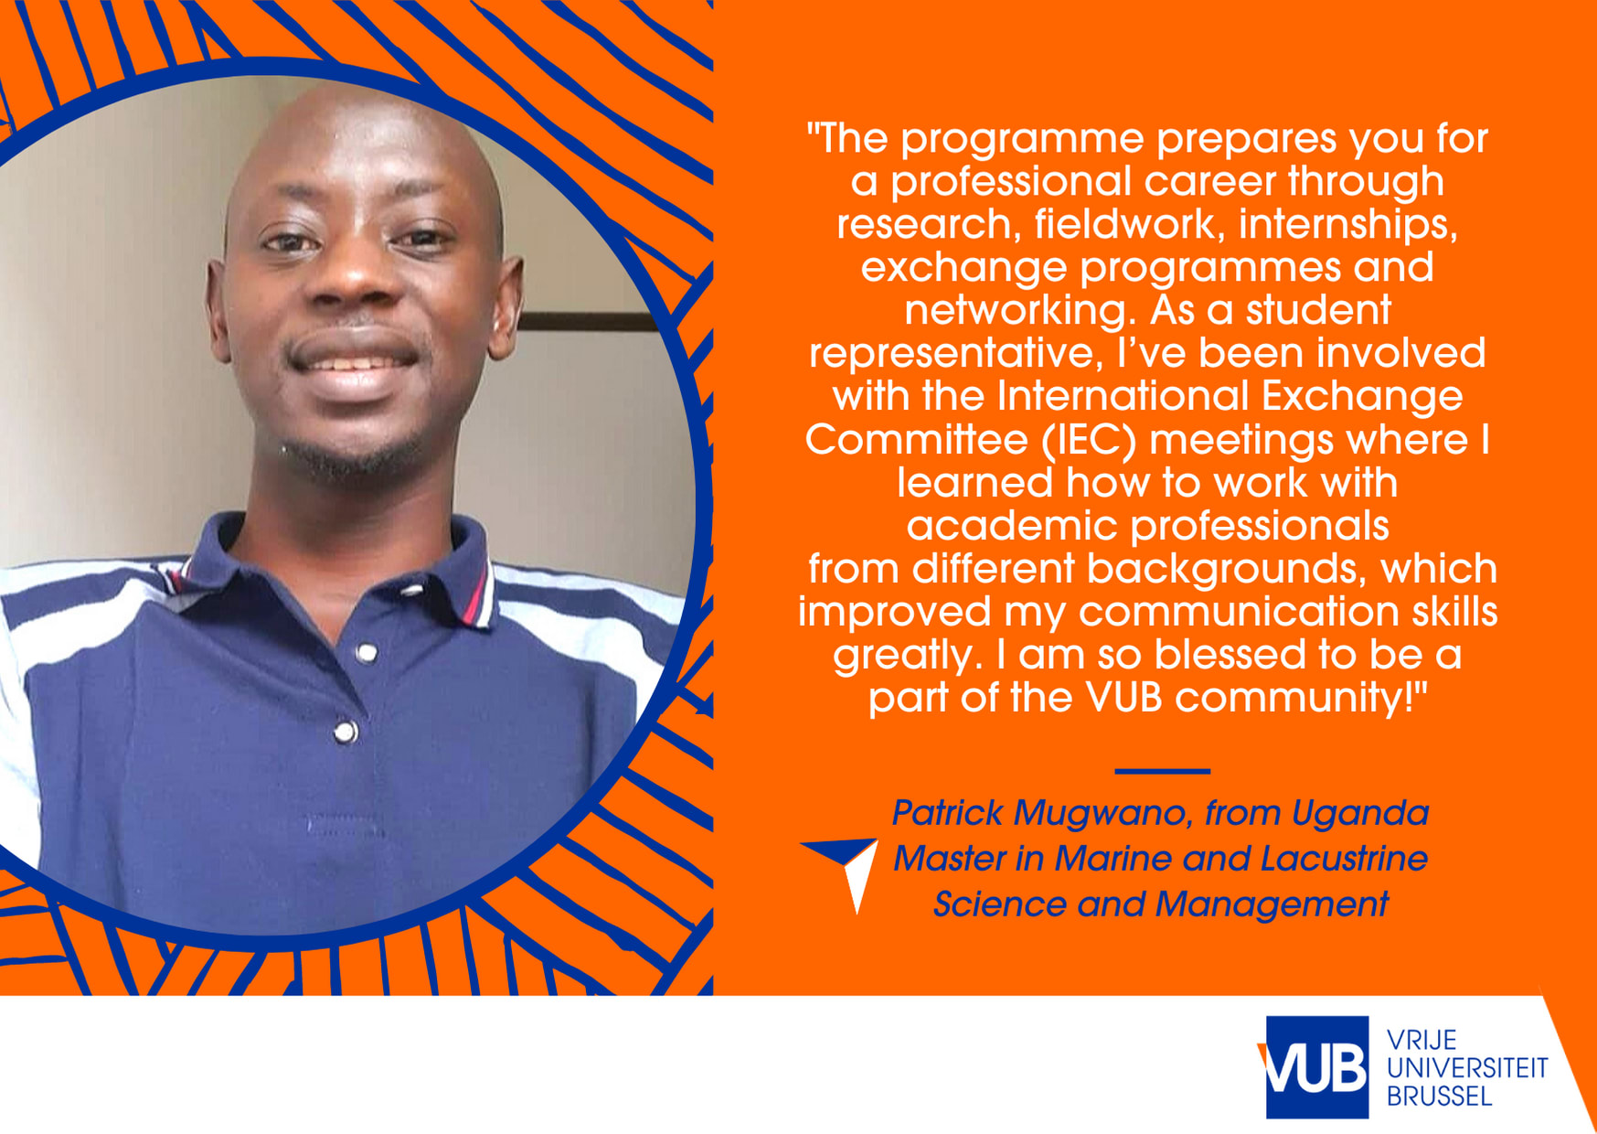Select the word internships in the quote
[1348, 225]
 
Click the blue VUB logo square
[1316, 1067]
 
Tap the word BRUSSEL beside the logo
[1440, 1096]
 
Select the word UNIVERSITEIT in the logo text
[1467, 1067]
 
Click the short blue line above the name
[1162, 771]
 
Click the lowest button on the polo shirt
[346, 732]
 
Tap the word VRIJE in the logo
[1421, 1040]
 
